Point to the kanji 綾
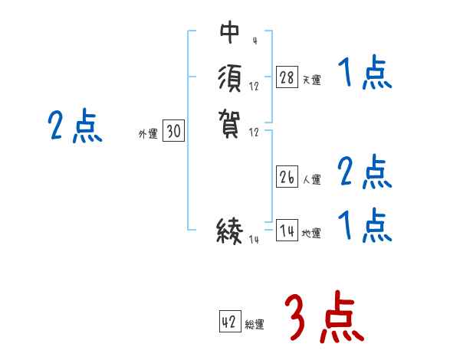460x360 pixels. point(229,230)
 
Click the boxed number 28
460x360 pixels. point(287,77)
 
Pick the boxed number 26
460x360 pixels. point(287,178)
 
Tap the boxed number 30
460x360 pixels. point(173,132)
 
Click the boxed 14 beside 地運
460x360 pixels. point(287,231)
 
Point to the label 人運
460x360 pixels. point(312,181)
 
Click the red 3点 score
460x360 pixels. point(323,318)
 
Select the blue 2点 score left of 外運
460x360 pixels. point(75,126)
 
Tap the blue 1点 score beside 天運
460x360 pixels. point(364,76)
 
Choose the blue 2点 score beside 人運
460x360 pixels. point(364,173)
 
